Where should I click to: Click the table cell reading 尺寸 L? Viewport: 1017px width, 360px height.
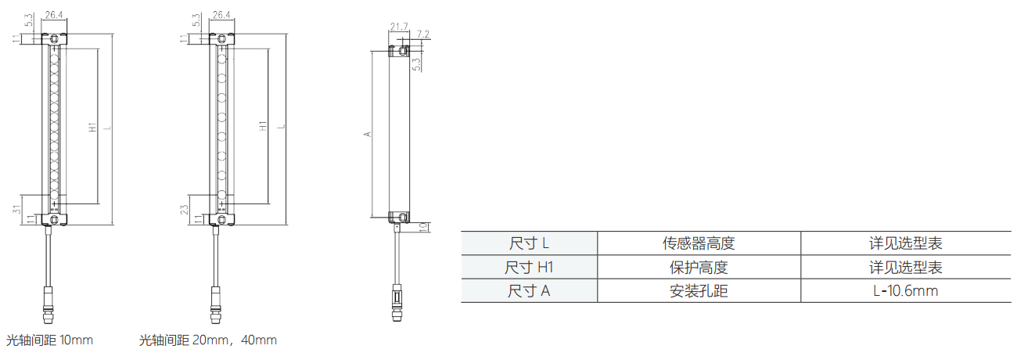click(529, 243)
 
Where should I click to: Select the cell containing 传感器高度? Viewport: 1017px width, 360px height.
click(699, 243)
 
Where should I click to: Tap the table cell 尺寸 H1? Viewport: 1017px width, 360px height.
click(529, 267)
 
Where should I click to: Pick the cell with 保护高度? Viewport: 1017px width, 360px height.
click(699, 267)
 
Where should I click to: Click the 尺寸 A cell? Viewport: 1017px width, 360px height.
click(529, 290)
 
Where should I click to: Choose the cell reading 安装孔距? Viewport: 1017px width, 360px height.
click(699, 290)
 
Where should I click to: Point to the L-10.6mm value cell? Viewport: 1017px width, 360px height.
click(906, 290)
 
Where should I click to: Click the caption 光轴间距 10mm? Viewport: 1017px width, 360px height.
click(49, 340)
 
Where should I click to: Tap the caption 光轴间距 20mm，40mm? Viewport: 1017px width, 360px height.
click(207, 340)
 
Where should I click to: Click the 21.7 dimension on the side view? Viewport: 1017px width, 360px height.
click(399, 27)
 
